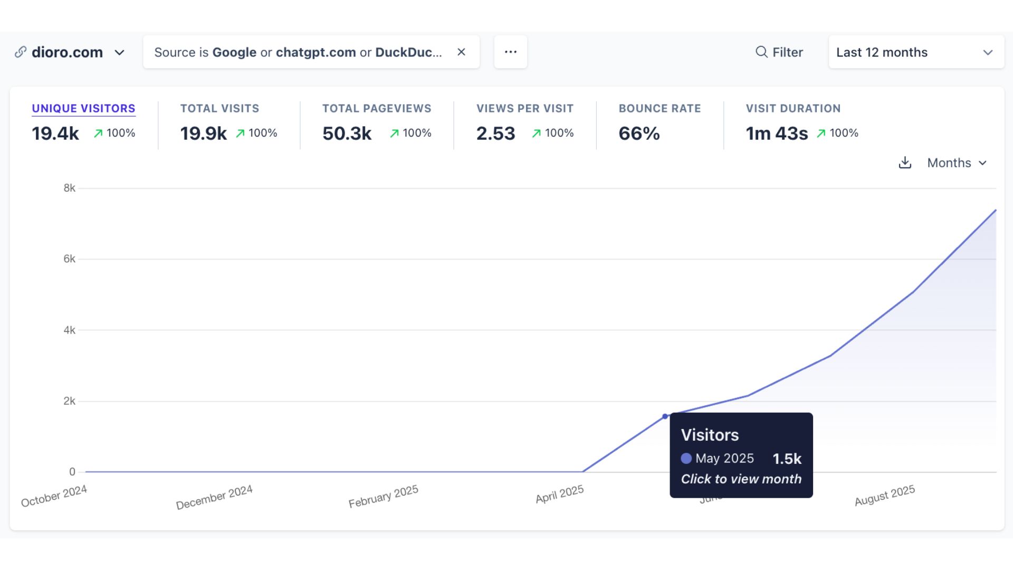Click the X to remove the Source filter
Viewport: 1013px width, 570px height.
point(461,52)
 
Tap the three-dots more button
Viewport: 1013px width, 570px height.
point(510,52)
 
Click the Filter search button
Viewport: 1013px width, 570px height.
point(779,52)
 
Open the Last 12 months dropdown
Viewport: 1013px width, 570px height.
point(916,52)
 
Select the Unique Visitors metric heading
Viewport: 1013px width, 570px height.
point(83,108)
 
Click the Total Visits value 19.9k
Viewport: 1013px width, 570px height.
point(203,134)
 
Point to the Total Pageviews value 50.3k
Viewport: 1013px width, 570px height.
point(347,134)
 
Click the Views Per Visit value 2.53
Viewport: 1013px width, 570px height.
point(495,134)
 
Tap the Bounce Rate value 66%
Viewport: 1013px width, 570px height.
point(639,134)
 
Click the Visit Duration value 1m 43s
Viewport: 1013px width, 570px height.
point(777,134)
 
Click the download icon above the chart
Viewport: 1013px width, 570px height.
point(905,163)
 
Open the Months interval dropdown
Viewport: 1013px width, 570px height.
point(957,163)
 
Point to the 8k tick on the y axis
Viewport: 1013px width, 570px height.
point(69,188)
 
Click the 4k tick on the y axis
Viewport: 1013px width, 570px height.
point(69,330)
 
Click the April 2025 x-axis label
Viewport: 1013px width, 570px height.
point(559,494)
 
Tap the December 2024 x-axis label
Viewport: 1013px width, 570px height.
point(214,497)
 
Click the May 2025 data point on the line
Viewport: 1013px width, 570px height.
point(665,416)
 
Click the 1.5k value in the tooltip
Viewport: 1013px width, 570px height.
point(787,459)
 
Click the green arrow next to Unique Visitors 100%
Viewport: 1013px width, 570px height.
point(98,134)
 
